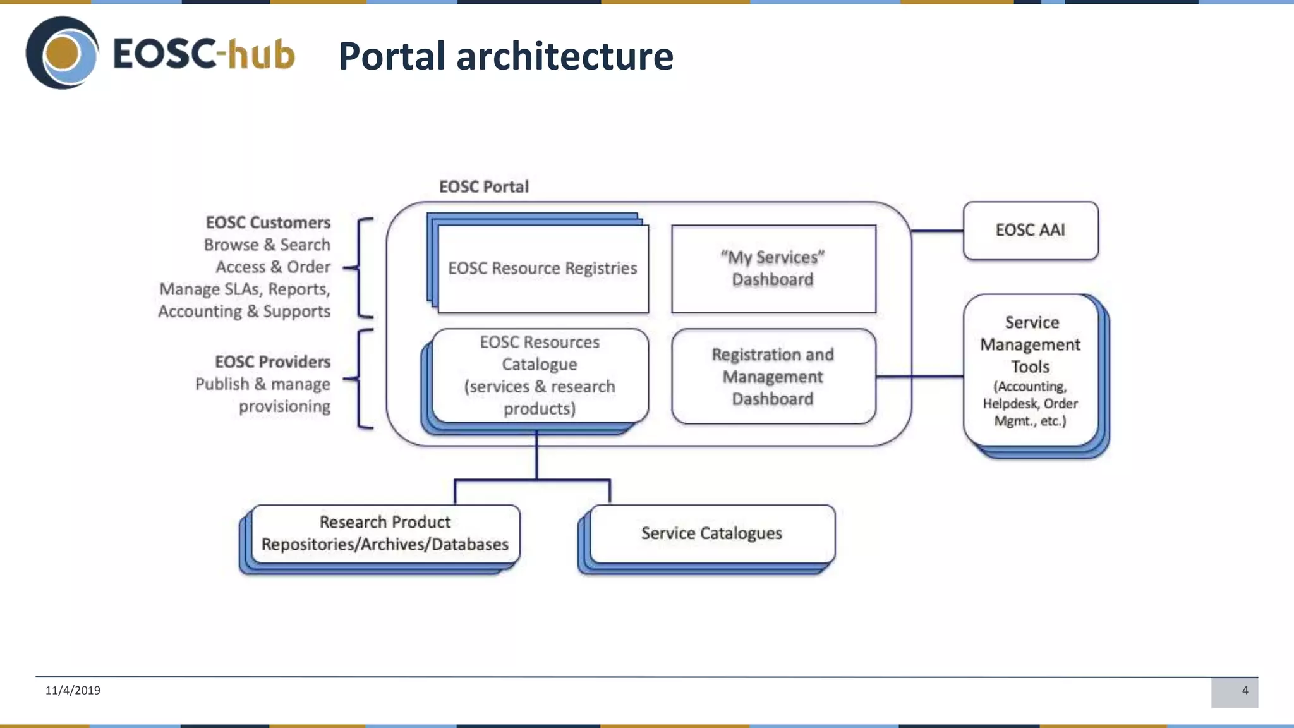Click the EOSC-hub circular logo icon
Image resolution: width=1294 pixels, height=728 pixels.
[x=62, y=53]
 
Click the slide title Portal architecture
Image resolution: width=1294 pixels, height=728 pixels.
[x=505, y=56]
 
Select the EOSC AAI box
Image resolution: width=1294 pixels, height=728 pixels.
[x=1030, y=230]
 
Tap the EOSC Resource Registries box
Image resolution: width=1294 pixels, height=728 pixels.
[x=542, y=269]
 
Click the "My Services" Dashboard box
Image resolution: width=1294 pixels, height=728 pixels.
[x=773, y=269]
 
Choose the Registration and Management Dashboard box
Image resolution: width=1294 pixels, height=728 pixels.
[x=773, y=377]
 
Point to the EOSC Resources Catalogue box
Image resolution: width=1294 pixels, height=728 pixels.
[x=540, y=375]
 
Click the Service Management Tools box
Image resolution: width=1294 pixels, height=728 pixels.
[x=1030, y=370]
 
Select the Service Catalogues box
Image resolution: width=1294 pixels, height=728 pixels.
[x=711, y=533]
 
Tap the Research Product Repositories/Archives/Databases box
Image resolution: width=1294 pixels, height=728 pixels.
[x=385, y=533]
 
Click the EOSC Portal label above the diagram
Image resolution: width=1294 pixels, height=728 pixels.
[x=484, y=186]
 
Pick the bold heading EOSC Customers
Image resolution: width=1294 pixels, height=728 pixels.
[x=268, y=222]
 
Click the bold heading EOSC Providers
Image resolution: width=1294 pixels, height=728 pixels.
[x=272, y=361]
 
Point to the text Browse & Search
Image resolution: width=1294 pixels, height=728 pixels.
[x=267, y=245]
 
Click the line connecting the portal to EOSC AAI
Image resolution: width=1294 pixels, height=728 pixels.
[x=937, y=231]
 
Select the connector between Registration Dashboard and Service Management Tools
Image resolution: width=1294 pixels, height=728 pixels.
[x=919, y=377]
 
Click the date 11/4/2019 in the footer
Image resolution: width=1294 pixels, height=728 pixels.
[x=73, y=690]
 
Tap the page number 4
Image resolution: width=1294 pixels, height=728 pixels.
[x=1245, y=690]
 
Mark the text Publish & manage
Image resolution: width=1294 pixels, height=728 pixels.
[x=262, y=384]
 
